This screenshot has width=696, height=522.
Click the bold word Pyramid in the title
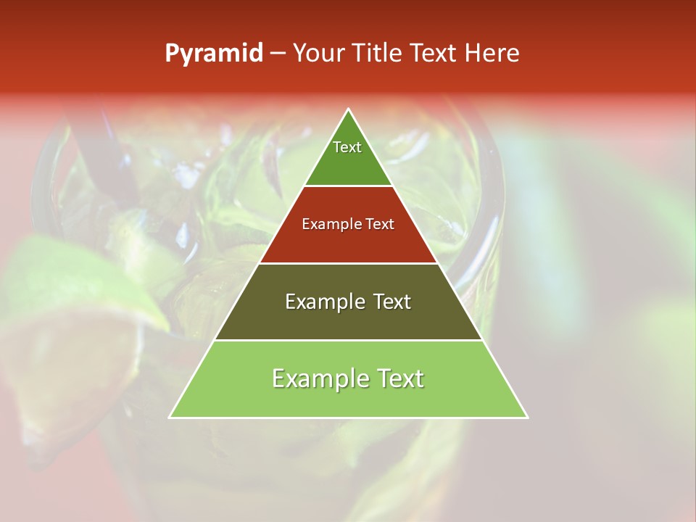[x=213, y=54]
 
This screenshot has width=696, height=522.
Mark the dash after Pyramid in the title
[x=277, y=54]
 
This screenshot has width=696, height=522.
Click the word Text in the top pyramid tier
[x=347, y=147]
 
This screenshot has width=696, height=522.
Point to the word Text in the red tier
[x=381, y=224]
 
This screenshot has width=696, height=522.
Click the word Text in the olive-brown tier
[x=392, y=302]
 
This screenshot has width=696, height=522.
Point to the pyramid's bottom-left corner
[x=170, y=417]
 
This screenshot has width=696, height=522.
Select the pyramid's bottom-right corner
[x=527, y=417]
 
